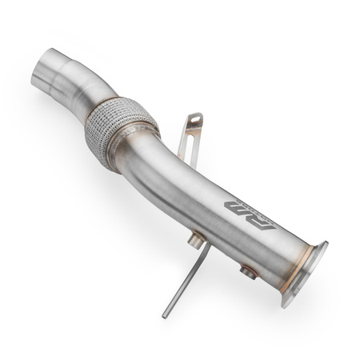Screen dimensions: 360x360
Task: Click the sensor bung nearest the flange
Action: tap(249, 272)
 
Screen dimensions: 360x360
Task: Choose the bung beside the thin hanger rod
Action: tap(194, 239)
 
